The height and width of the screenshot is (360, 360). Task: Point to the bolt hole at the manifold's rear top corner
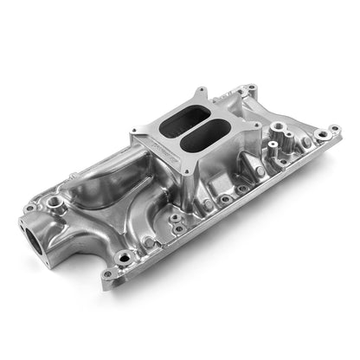pos(250,88)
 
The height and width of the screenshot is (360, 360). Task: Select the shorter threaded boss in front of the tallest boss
pos(281,161)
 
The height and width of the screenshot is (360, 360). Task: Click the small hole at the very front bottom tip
pos(119,274)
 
